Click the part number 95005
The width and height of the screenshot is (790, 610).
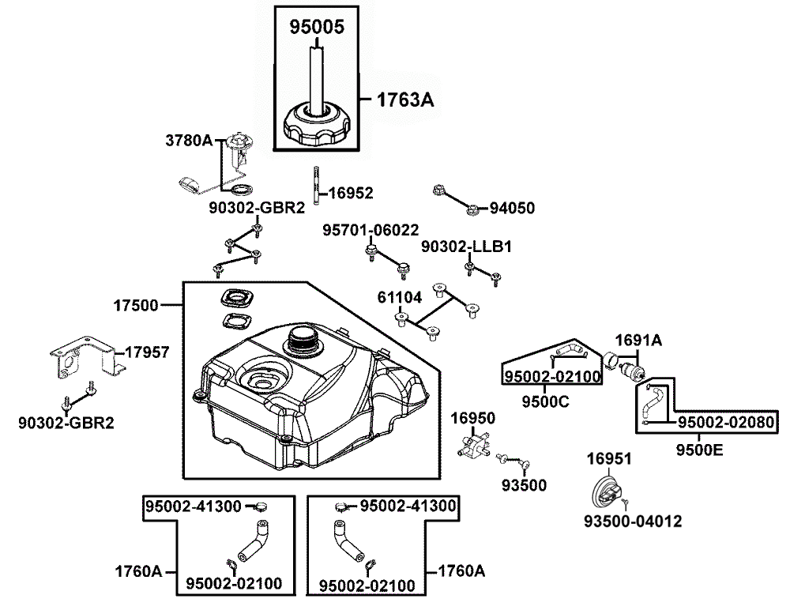click(316, 26)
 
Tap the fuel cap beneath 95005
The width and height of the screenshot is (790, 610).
click(318, 125)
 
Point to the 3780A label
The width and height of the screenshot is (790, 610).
click(189, 141)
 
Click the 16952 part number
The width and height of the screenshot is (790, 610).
click(350, 192)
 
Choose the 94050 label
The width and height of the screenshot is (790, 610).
click(512, 209)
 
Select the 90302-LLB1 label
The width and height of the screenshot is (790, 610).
click(466, 247)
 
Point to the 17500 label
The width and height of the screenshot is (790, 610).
click(135, 304)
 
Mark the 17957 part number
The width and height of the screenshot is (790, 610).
click(147, 352)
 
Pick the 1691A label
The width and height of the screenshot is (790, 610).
click(638, 341)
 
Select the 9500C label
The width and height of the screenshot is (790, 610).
click(545, 400)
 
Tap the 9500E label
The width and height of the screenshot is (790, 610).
click(699, 451)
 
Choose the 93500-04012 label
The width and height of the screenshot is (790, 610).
click(632, 522)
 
